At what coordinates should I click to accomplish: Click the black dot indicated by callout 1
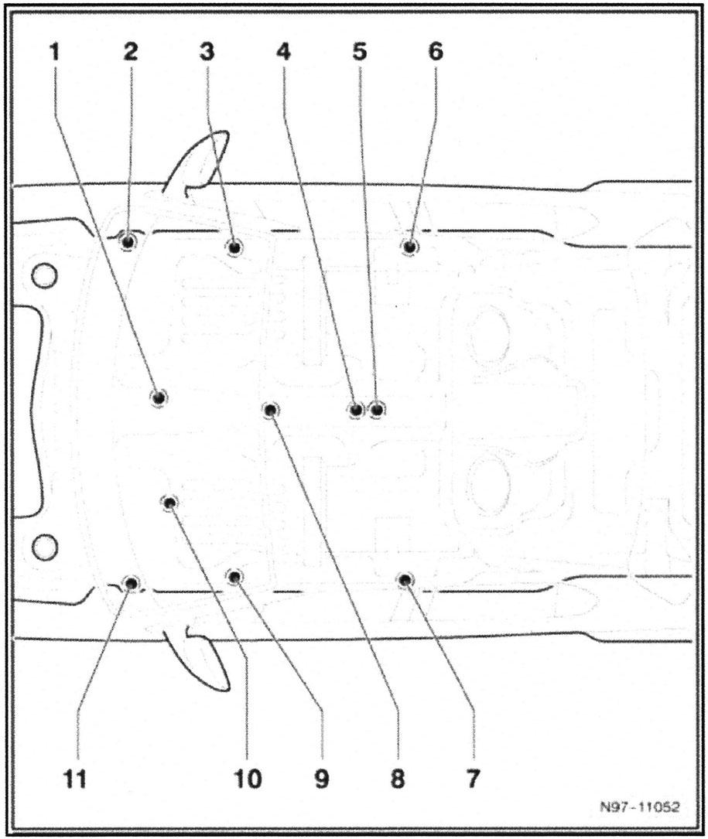click(x=158, y=397)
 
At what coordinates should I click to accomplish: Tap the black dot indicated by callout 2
click(x=128, y=241)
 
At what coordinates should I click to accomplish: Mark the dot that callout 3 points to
click(x=234, y=247)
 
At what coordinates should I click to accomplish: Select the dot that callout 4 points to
click(x=355, y=409)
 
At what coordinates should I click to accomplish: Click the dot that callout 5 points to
click(x=376, y=409)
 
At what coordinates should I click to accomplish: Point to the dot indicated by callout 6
click(x=409, y=246)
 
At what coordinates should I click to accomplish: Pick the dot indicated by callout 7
click(x=404, y=579)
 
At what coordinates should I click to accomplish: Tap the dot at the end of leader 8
click(x=270, y=410)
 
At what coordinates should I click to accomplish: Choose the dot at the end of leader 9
click(x=234, y=576)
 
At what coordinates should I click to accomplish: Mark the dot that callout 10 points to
click(x=170, y=503)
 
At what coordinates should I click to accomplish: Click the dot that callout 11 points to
click(x=131, y=583)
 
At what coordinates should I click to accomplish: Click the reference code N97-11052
click(x=639, y=807)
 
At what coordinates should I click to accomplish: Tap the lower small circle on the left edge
click(x=45, y=547)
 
